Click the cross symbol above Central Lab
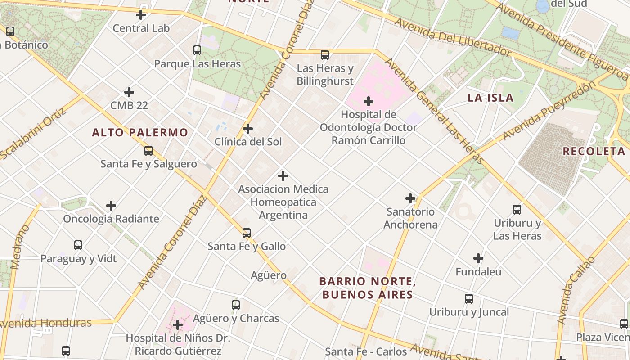[141, 15]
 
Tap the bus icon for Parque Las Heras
[197, 50]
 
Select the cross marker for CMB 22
[129, 92]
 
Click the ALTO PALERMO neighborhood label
[140, 133]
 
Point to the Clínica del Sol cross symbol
[248, 129]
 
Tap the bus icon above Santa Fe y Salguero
[148, 151]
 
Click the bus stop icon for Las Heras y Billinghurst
[325, 55]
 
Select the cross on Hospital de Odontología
[369, 101]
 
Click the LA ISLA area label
[490, 98]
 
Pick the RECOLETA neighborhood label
[594, 151]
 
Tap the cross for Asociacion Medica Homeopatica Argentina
[283, 176]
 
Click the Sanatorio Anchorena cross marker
[410, 198]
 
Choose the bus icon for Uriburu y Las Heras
[517, 210]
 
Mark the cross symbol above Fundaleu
[478, 259]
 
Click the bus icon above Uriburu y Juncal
[469, 299]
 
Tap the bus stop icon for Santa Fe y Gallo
[247, 233]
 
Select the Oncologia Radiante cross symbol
[111, 206]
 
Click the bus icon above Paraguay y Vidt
[78, 246]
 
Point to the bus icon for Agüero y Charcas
[236, 305]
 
